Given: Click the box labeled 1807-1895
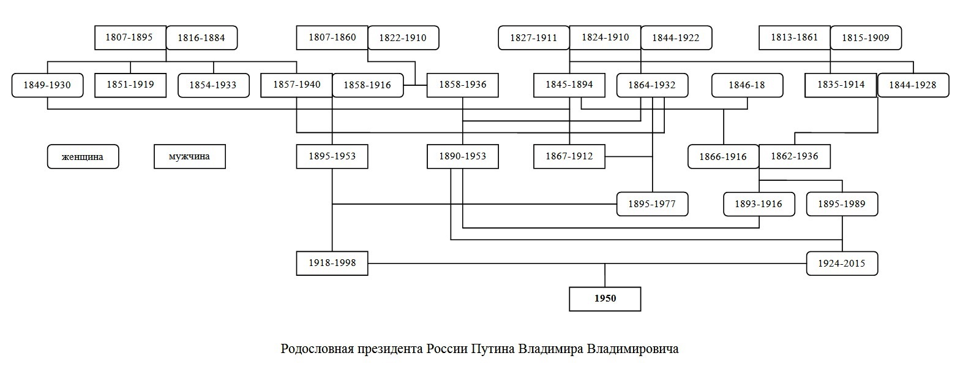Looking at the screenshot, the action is (x=130, y=37).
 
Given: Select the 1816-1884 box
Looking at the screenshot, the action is (x=201, y=38).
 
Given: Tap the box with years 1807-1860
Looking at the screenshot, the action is (x=332, y=37).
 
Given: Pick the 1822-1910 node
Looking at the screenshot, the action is (x=403, y=38).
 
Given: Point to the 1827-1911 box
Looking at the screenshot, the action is (x=534, y=38).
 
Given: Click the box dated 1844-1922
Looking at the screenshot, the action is (x=676, y=38).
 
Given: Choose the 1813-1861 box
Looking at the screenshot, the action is (x=795, y=37).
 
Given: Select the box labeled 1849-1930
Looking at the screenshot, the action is (x=47, y=85).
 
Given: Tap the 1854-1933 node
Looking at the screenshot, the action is (x=214, y=85).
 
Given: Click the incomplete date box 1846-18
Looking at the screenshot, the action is (x=747, y=85).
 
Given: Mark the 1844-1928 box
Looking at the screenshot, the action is (x=913, y=85).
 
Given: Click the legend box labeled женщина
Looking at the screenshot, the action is (x=83, y=157).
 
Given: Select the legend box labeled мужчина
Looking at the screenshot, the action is (x=190, y=157).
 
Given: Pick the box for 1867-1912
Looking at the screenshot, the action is (x=569, y=156).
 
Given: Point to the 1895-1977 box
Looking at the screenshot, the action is (x=652, y=204).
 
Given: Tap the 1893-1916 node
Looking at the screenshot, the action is (x=759, y=204).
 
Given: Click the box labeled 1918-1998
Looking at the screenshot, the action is (x=332, y=263).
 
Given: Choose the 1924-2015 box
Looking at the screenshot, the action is (x=842, y=264).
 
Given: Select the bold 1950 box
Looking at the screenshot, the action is (x=605, y=298).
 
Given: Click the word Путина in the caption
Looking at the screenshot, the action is (x=493, y=349).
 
